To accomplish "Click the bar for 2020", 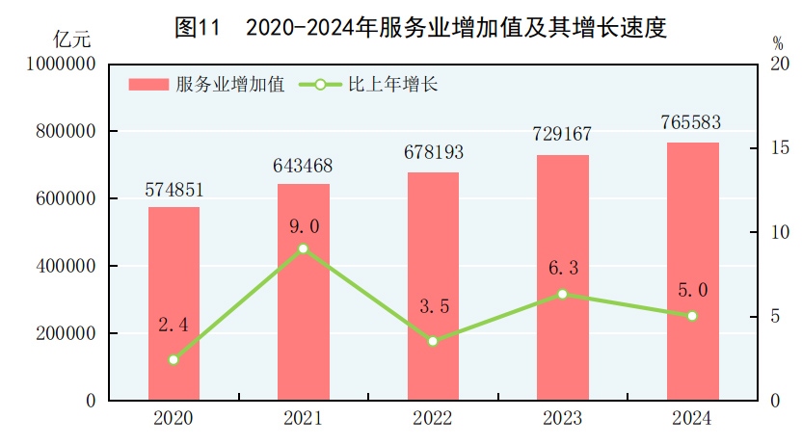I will (x=174, y=303).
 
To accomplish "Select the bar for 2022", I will (x=433, y=286).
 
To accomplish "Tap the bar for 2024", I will (x=692, y=272).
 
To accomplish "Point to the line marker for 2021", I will (x=303, y=248).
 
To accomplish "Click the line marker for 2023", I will (x=563, y=294).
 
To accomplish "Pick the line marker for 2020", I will (x=174, y=359).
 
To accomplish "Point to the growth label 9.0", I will (x=303, y=226).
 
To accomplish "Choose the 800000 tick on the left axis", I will (x=66, y=131).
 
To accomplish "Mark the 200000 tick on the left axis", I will (x=66, y=333).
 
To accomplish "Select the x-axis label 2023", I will (x=562, y=419).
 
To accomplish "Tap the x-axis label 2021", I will (x=303, y=419).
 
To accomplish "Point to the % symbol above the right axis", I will (x=777, y=42).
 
